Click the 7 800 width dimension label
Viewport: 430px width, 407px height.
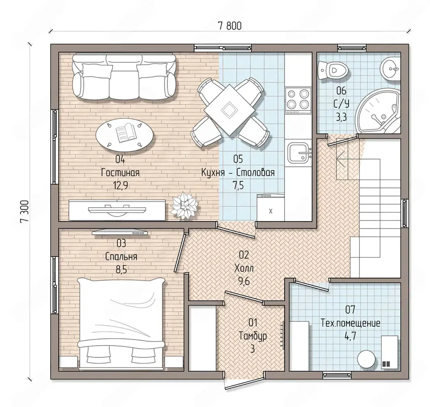point(230,26)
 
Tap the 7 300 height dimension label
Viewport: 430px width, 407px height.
point(25,211)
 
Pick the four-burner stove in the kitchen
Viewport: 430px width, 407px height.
point(298,101)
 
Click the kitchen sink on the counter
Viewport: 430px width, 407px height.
point(299,153)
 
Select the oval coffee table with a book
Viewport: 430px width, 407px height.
point(124,135)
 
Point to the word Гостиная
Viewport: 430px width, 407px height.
point(120,173)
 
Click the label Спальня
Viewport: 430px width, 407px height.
point(121,257)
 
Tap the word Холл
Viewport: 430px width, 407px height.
point(244,268)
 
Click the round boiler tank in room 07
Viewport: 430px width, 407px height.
point(367,362)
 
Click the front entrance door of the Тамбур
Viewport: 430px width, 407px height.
point(244,383)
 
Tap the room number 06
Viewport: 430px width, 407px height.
point(341,91)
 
